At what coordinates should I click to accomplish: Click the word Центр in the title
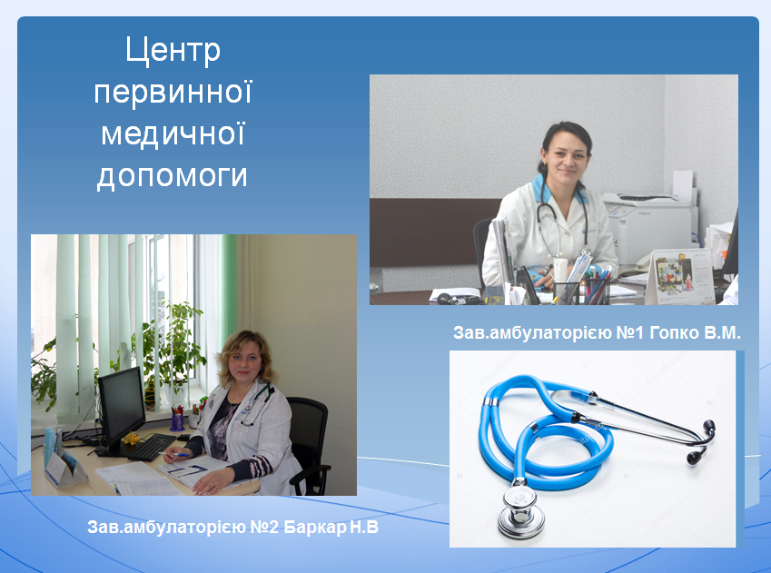click(173, 51)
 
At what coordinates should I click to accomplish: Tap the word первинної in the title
click(173, 92)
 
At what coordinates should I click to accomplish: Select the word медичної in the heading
click(173, 134)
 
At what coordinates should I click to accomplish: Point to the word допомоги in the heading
click(173, 176)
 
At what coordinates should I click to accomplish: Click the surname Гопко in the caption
click(674, 333)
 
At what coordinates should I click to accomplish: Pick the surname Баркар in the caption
click(315, 528)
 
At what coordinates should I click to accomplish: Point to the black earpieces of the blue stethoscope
click(700, 440)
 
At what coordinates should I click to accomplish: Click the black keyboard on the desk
click(152, 447)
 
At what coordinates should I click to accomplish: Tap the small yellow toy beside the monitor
click(132, 438)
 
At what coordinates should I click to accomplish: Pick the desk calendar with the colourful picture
click(680, 276)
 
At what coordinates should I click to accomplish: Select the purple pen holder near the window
click(177, 421)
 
